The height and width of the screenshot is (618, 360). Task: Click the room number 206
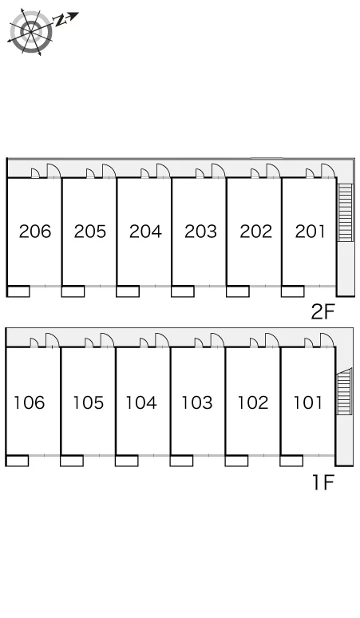point(35,232)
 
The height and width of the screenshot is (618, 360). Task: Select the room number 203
point(200,232)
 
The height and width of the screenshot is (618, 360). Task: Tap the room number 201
point(310,232)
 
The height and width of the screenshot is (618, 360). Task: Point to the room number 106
point(30,402)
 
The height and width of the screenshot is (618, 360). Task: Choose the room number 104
point(141,402)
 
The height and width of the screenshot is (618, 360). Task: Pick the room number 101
point(307,402)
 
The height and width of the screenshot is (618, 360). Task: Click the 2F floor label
point(322,312)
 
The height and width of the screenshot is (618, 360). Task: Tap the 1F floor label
point(323,482)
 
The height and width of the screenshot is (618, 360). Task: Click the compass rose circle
point(31,31)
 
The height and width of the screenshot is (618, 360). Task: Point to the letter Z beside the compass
point(61,20)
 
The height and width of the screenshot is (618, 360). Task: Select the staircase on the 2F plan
point(345,213)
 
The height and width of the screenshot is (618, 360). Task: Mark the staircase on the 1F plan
point(344,391)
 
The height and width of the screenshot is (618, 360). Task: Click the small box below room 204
point(128,291)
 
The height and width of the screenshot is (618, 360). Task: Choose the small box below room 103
point(181,461)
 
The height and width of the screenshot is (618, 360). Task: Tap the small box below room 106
point(18,461)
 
